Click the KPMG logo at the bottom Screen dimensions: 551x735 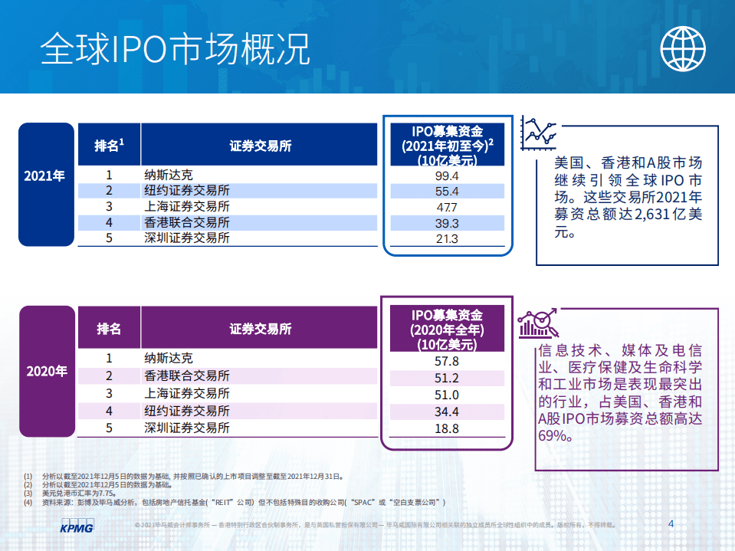tap(76, 528)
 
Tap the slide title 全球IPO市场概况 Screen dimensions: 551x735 tap(176, 49)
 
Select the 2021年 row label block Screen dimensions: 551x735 tap(45, 175)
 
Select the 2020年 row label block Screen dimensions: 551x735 tap(47, 371)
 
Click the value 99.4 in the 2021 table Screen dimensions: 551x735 tap(446, 175)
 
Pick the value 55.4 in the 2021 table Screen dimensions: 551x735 tap(446, 192)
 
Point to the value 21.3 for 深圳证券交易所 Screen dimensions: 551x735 tap(446, 238)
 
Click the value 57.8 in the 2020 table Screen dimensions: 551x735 tap(446, 360)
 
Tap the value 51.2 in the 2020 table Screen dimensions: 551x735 tap(446, 378)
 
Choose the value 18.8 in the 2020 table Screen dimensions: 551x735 tap(446, 428)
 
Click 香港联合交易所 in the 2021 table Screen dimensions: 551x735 tap(187, 223)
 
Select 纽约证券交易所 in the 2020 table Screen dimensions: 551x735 tap(187, 412)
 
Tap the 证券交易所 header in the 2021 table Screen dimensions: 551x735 tap(261, 146)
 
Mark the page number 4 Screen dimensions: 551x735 tap(671, 524)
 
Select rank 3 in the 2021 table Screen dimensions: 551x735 tap(109, 207)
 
